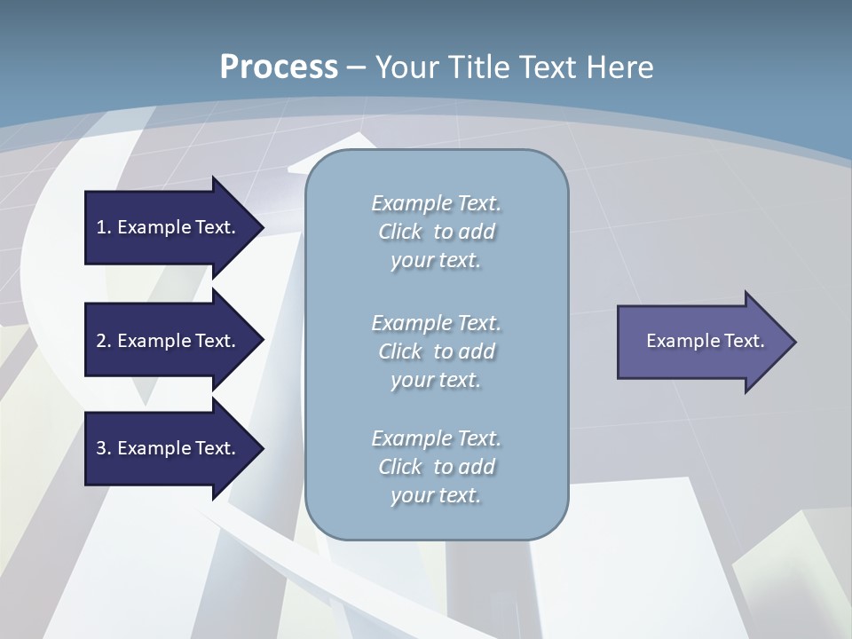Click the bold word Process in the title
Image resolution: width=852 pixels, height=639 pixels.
point(279,67)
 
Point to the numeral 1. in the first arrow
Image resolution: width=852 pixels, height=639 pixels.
point(103,227)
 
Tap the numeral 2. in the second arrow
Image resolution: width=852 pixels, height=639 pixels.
point(103,341)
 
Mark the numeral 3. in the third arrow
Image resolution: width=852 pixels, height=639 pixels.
point(103,448)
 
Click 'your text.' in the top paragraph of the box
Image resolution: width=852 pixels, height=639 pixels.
point(436,261)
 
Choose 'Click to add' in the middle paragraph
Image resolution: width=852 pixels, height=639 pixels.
point(436,351)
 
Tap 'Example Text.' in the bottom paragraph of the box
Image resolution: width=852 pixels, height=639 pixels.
point(436,438)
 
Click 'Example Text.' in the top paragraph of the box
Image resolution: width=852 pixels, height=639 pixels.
point(436,203)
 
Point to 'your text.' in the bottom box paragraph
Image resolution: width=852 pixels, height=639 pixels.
point(436,496)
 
